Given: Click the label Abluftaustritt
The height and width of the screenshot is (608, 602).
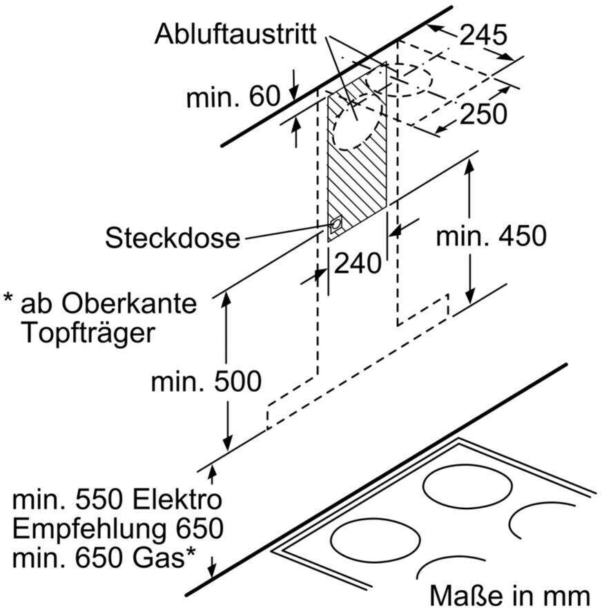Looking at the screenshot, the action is coord(235,35).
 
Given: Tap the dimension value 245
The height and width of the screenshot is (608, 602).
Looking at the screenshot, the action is coord(483,35).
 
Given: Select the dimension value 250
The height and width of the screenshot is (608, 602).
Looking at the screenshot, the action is coord(483,113).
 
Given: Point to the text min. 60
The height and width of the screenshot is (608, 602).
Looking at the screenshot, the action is coord(233,96).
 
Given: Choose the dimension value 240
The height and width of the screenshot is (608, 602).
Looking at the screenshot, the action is coord(358,263).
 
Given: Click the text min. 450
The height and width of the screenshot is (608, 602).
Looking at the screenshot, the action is coord(492,236).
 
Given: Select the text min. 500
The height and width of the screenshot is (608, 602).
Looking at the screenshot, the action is coord(206,381).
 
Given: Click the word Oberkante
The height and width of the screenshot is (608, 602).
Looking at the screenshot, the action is coord(129,303).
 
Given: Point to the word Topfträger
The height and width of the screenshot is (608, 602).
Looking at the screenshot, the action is coord(88,333).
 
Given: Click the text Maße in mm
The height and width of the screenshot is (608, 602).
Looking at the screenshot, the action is coord(510,595).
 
